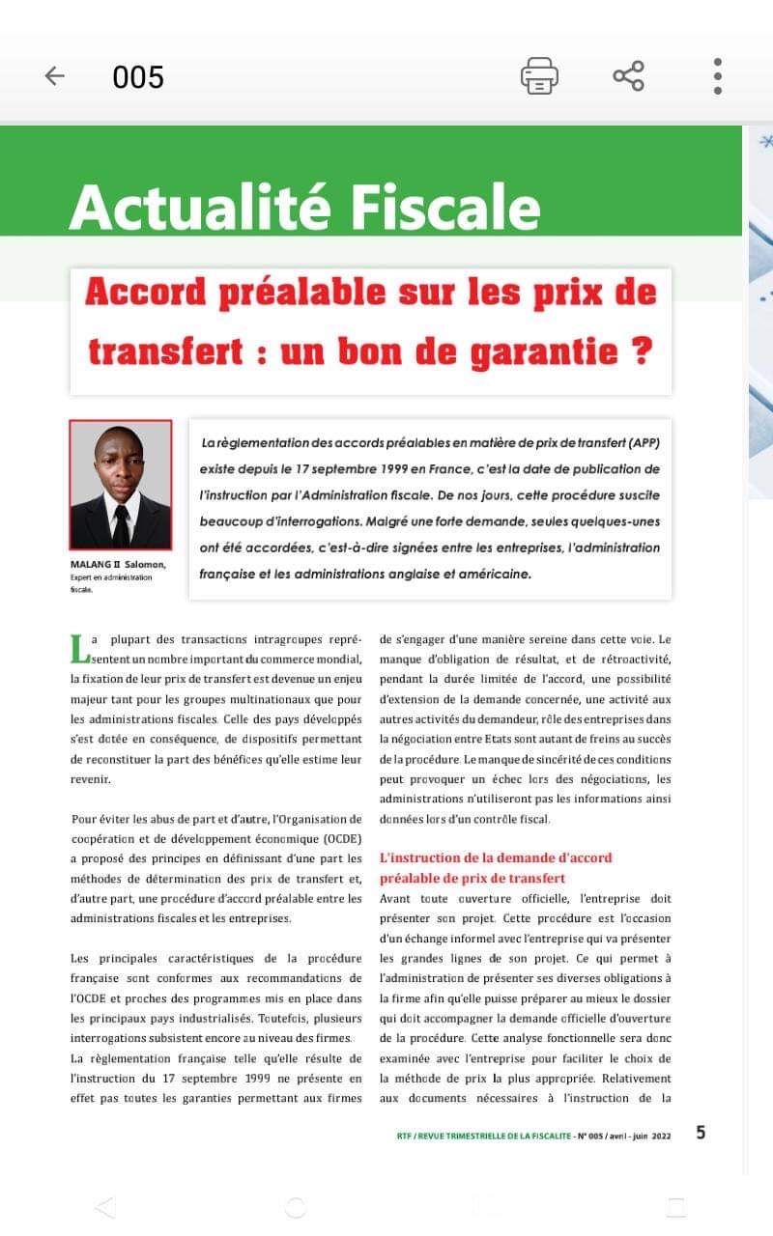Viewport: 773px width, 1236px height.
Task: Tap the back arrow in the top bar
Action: click(55, 76)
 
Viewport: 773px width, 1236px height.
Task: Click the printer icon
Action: click(539, 76)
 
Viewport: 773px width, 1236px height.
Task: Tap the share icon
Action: click(628, 76)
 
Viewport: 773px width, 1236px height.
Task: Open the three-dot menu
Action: click(717, 76)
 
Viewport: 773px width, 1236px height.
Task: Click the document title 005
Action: click(138, 77)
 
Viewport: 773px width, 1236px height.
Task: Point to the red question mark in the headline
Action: click(640, 350)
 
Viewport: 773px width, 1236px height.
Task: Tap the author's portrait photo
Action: click(121, 484)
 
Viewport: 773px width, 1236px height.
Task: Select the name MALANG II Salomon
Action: click(118, 565)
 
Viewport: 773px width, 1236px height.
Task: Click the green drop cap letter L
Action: click(80, 649)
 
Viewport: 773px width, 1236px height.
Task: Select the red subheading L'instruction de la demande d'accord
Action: click(496, 857)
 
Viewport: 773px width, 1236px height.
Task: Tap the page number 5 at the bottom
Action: click(701, 1133)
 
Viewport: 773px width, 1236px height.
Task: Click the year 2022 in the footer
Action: click(661, 1136)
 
